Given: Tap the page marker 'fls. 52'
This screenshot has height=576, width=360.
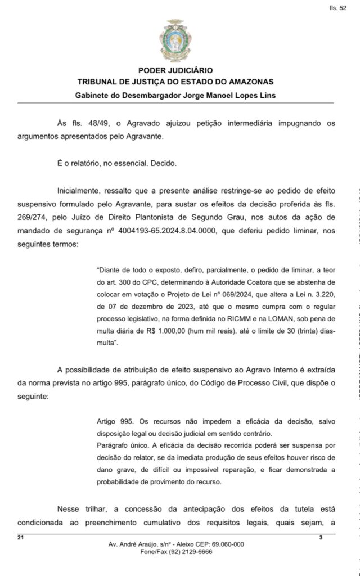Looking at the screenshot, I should pos(338,9).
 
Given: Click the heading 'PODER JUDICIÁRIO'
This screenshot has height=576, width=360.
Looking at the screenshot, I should pos(175,71).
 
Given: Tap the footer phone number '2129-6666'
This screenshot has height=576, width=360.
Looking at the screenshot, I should pos(195,552).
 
